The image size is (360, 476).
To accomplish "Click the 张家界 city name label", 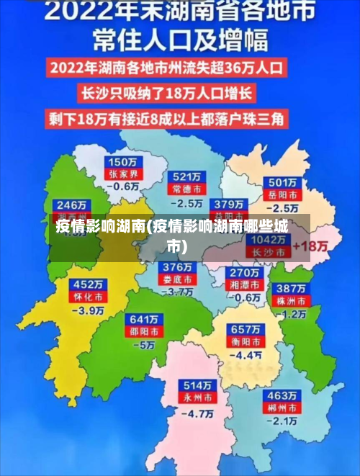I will (122, 174).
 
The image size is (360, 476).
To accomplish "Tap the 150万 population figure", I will (122, 161).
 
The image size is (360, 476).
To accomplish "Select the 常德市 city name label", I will (186, 188).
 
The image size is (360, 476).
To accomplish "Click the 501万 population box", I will (282, 182).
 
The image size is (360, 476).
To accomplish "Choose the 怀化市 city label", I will (85, 296).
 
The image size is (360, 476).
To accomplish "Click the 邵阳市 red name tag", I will (142, 331).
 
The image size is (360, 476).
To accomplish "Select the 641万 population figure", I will (142, 319).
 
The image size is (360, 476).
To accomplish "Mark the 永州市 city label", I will (197, 397).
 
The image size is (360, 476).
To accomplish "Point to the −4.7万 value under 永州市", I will (197, 414).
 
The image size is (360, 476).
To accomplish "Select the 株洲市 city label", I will (293, 300).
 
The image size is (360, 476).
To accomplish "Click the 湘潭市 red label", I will (243, 284).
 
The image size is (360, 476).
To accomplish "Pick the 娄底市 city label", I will (176, 279).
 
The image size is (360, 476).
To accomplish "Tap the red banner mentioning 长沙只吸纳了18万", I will (168, 94).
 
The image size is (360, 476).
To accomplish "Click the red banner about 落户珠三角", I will (168, 117).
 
